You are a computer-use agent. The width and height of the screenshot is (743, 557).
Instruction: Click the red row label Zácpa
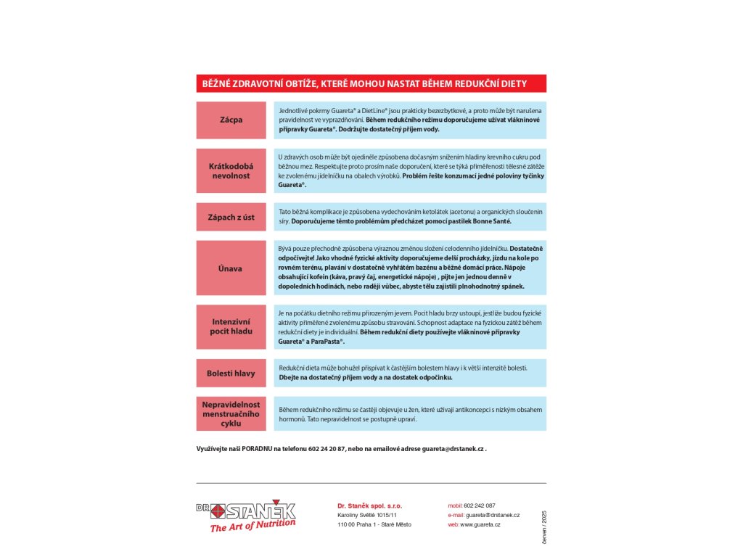tap(231, 120)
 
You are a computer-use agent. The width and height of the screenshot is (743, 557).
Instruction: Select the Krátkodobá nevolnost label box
tap(231, 170)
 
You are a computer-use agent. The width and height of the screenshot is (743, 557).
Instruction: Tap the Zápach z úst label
tap(231, 217)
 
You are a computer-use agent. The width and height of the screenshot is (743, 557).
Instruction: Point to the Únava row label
tap(231, 268)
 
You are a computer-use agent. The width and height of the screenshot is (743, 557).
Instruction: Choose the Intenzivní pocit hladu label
tap(231, 326)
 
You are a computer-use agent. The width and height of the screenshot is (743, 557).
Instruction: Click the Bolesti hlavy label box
tap(231, 373)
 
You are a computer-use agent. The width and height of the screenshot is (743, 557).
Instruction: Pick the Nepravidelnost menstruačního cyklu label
tap(231, 413)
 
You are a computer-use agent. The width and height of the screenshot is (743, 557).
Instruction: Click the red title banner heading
tap(371, 83)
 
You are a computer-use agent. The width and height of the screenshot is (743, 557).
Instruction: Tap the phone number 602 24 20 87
tap(327, 449)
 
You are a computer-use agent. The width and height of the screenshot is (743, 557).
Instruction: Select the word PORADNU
tap(257, 449)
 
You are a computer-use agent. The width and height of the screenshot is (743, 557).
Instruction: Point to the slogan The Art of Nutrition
tap(253, 525)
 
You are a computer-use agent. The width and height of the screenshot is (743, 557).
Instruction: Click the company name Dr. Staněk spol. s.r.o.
tap(369, 506)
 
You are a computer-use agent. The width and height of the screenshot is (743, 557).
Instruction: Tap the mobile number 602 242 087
tap(480, 506)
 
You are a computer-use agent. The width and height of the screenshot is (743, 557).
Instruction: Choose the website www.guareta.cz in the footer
tap(480, 524)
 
